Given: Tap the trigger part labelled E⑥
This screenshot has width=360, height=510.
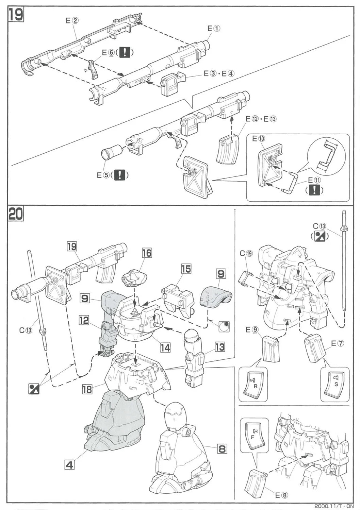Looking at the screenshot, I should tap(93, 69).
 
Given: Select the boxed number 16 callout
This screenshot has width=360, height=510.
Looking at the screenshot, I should tap(147, 253).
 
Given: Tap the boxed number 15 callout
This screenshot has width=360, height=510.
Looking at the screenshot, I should tap(186, 269).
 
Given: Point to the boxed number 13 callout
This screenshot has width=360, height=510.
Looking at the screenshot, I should tap(220, 347).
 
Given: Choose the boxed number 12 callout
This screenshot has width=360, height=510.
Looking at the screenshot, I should tap(84, 320).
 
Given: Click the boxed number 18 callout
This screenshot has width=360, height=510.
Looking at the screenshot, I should tap(87, 389).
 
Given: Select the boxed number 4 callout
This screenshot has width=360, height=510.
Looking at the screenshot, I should tap(69, 464).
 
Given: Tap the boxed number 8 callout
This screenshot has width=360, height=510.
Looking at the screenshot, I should tap(222, 448).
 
